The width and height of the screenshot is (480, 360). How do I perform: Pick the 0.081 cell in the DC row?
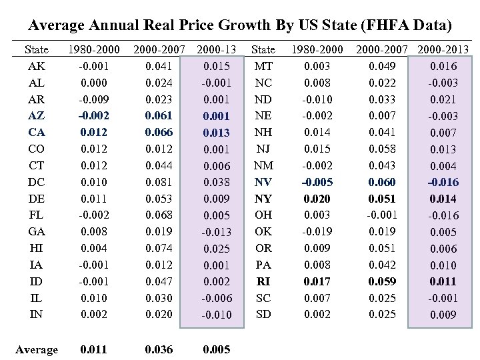point(158,182)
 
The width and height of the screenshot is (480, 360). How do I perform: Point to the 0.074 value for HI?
point(158,247)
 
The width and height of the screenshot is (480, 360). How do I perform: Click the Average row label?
point(36,349)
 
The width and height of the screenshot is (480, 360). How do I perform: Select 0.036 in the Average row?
point(158,349)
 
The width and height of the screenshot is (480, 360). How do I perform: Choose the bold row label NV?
point(263,182)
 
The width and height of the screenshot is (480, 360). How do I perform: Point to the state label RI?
point(263,280)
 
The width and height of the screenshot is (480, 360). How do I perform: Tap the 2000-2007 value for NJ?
point(383,149)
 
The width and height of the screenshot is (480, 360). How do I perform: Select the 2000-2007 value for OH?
point(383,215)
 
